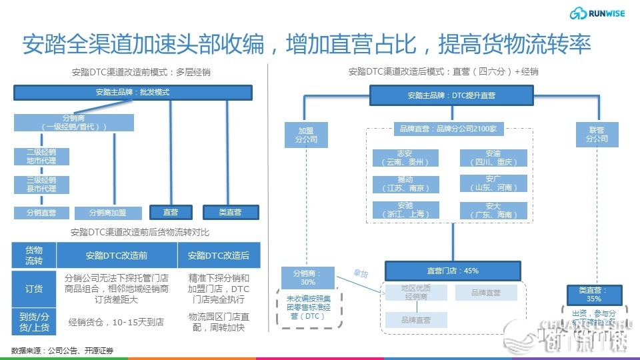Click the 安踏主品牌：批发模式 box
(x=133, y=93)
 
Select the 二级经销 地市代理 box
(x=41, y=156)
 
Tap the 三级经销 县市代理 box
(x=41, y=184)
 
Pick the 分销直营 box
(x=41, y=213)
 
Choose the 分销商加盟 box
(x=108, y=213)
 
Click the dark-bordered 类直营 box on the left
(x=230, y=212)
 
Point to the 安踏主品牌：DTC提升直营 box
(x=451, y=95)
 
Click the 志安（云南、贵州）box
(x=405, y=158)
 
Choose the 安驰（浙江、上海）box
(x=405, y=210)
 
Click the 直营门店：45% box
(x=452, y=271)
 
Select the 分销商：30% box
(x=307, y=277)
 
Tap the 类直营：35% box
(x=594, y=294)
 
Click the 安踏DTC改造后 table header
(x=219, y=255)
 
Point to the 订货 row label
(x=34, y=288)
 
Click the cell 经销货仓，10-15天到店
(x=117, y=321)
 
